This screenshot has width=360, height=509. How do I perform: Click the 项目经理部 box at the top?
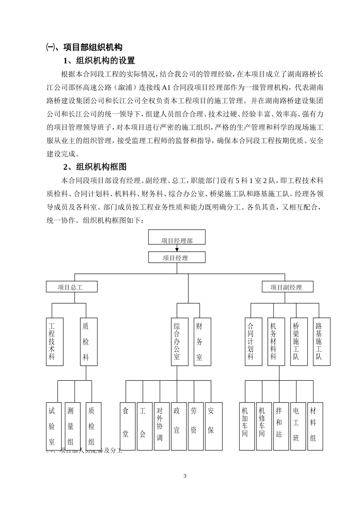click(177, 237)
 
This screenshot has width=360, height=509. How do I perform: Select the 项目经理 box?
click(177, 258)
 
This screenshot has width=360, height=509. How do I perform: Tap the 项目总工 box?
click(72, 287)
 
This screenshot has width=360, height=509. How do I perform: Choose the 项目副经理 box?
click(288, 287)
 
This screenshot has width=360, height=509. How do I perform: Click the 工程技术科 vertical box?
click(55, 342)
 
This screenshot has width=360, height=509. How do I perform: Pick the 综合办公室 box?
click(180, 342)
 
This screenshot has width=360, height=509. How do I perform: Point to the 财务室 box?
click(202, 342)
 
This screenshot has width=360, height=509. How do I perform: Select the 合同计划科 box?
click(253, 342)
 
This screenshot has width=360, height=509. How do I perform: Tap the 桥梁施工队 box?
click(299, 342)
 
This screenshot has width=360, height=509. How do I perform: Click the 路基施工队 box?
click(322, 342)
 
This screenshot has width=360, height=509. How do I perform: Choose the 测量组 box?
click(72, 426)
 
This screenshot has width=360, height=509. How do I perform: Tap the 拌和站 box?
click(281, 426)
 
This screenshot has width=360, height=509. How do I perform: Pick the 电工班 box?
click(298, 426)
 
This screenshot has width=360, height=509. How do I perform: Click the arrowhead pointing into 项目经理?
click(177, 250)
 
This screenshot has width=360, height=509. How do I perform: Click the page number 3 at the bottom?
click(185, 476)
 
